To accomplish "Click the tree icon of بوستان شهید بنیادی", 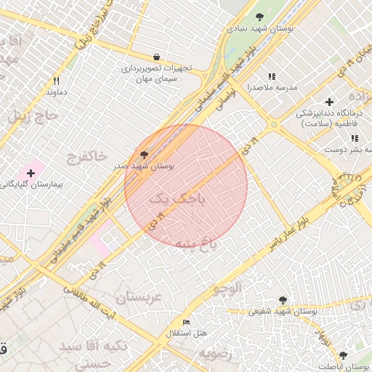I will click(259, 17).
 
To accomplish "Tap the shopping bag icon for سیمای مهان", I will click(157, 57).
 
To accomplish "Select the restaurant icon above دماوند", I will click(56, 81).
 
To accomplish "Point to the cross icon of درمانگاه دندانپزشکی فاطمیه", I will click(329, 102).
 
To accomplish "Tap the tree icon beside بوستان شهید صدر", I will click(143, 154).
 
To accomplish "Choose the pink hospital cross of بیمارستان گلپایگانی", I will click(31, 173).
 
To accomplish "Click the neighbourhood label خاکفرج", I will click(86, 155).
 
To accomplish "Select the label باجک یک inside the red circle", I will click(177, 197).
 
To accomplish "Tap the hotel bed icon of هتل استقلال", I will click(187, 322).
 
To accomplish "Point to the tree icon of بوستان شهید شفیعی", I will click(283, 300).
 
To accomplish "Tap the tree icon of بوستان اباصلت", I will click(343, 355).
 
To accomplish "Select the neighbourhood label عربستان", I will click(132, 296).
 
